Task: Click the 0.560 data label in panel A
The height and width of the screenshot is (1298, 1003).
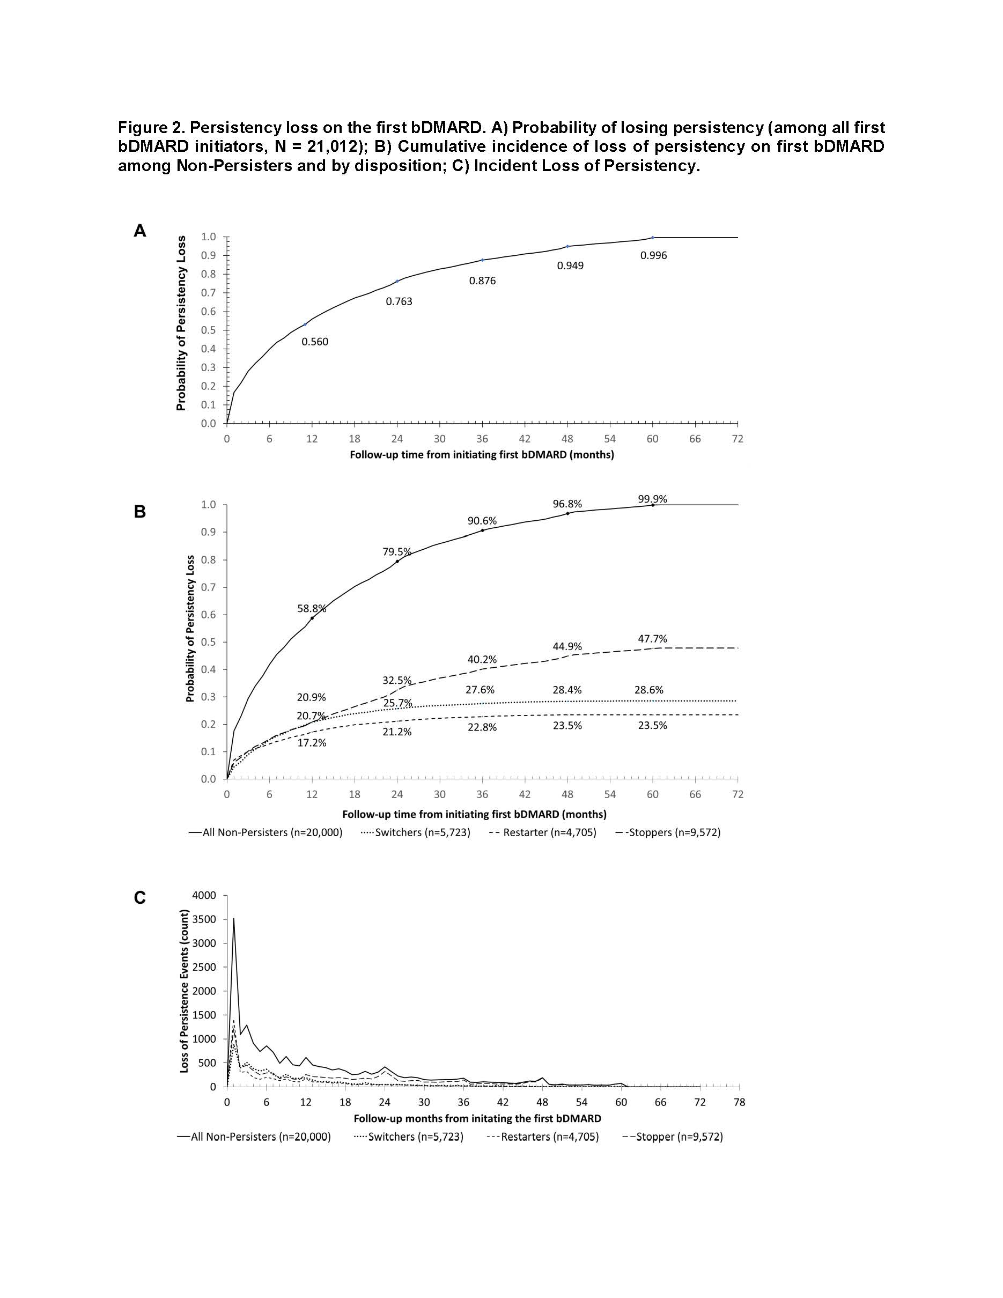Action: click(x=314, y=342)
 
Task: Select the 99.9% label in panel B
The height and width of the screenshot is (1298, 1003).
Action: click(x=652, y=499)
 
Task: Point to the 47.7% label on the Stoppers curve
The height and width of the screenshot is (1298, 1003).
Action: click(x=652, y=639)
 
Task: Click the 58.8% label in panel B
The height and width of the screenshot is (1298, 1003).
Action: click(x=311, y=609)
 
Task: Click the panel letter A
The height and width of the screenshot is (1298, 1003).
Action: click(x=139, y=231)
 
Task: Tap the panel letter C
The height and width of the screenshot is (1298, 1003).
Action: click(x=139, y=897)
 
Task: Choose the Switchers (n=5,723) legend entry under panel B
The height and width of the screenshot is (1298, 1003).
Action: click(x=416, y=832)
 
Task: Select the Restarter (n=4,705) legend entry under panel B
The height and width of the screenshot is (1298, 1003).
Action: click(x=542, y=832)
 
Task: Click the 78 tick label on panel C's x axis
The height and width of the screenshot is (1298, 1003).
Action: click(x=739, y=1102)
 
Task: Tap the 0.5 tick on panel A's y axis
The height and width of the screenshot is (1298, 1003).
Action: click(x=208, y=330)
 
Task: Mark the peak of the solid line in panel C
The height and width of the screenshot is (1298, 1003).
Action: click(x=233, y=918)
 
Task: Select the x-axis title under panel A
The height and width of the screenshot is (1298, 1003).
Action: click(x=481, y=455)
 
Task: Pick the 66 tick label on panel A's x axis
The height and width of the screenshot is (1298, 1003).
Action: click(x=695, y=439)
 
